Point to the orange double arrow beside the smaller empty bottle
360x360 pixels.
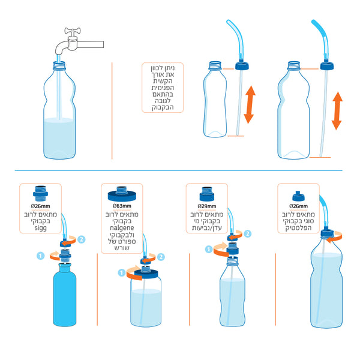point(250,104)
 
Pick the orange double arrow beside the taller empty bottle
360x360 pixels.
point(337,110)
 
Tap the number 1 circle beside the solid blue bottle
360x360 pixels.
point(41,256)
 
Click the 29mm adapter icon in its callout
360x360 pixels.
point(207,194)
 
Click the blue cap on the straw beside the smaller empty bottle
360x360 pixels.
point(242,66)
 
